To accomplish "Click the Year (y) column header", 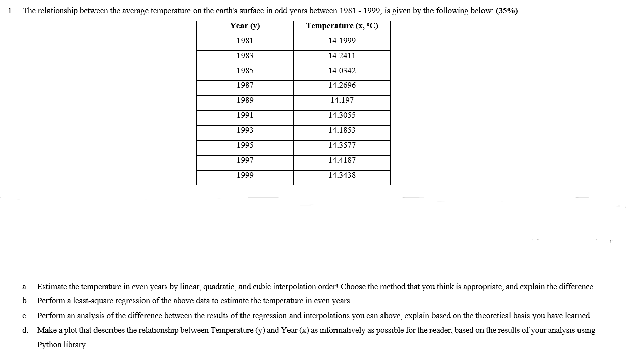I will [245, 26].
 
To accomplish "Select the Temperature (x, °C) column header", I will [342, 26].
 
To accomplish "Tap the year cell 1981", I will [245, 41].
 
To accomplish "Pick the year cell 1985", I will [245, 71].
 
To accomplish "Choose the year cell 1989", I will [245, 100].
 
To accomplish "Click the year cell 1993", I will [245, 130].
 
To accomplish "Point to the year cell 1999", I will [245, 175].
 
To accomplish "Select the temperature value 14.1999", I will [342, 41].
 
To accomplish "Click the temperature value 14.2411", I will [342, 56].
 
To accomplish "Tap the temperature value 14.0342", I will [342, 71].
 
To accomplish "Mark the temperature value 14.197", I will [342, 100].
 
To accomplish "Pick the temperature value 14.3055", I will [342, 115].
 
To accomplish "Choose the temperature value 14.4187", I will [342, 160].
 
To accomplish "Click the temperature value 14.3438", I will [342, 175].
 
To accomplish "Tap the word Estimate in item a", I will [52, 287].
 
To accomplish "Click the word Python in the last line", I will [49, 345].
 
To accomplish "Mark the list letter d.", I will [25, 330].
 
